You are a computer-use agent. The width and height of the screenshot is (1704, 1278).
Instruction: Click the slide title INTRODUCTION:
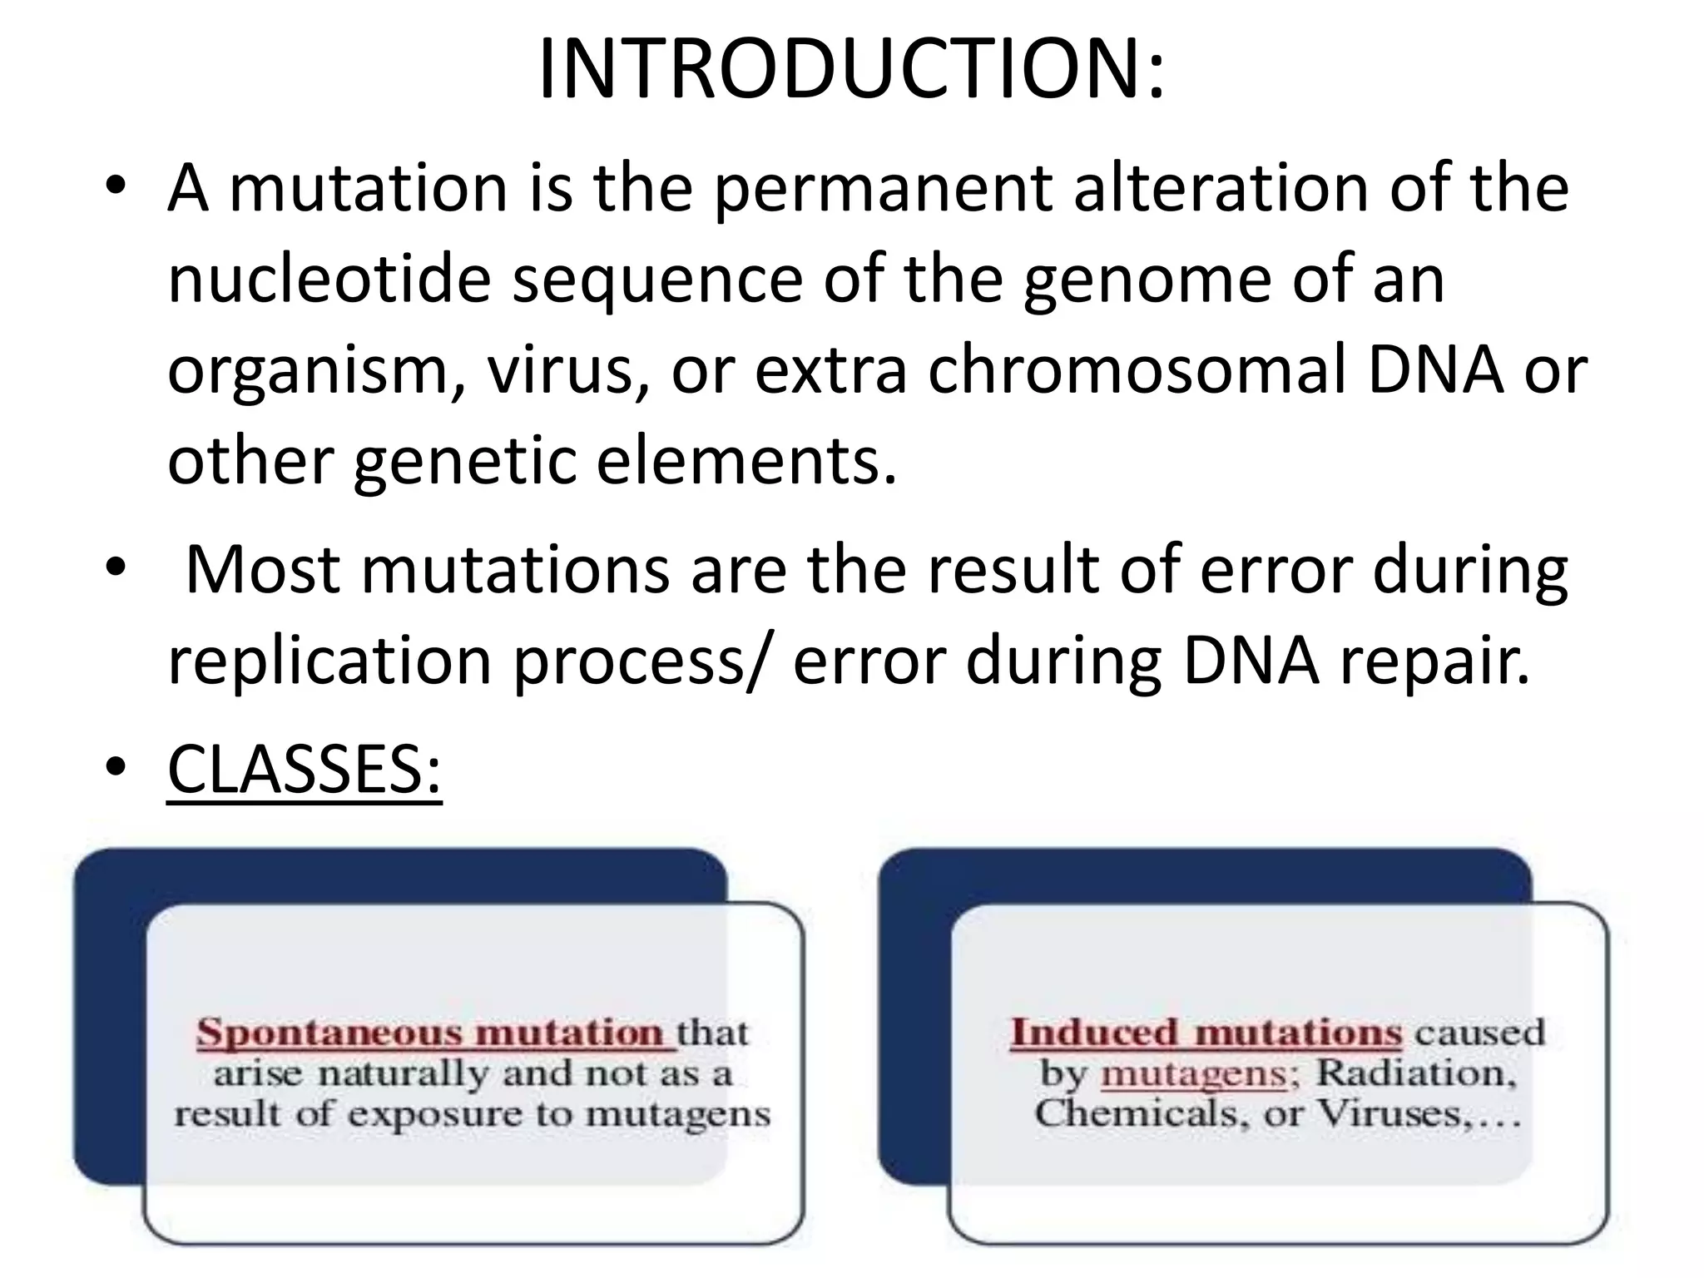(x=851, y=70)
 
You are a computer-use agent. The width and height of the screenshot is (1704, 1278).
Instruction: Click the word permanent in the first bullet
(x=884, y=190)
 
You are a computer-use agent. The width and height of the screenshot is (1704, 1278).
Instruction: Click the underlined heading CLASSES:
(x=304, y=770)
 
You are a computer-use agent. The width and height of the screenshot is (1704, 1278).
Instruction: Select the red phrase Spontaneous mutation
(x=433, y=1033)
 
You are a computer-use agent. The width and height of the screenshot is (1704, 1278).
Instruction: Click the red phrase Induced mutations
(x=1206, y=1033)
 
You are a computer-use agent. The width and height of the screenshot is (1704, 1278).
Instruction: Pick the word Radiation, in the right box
(x=1415, y=1073)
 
